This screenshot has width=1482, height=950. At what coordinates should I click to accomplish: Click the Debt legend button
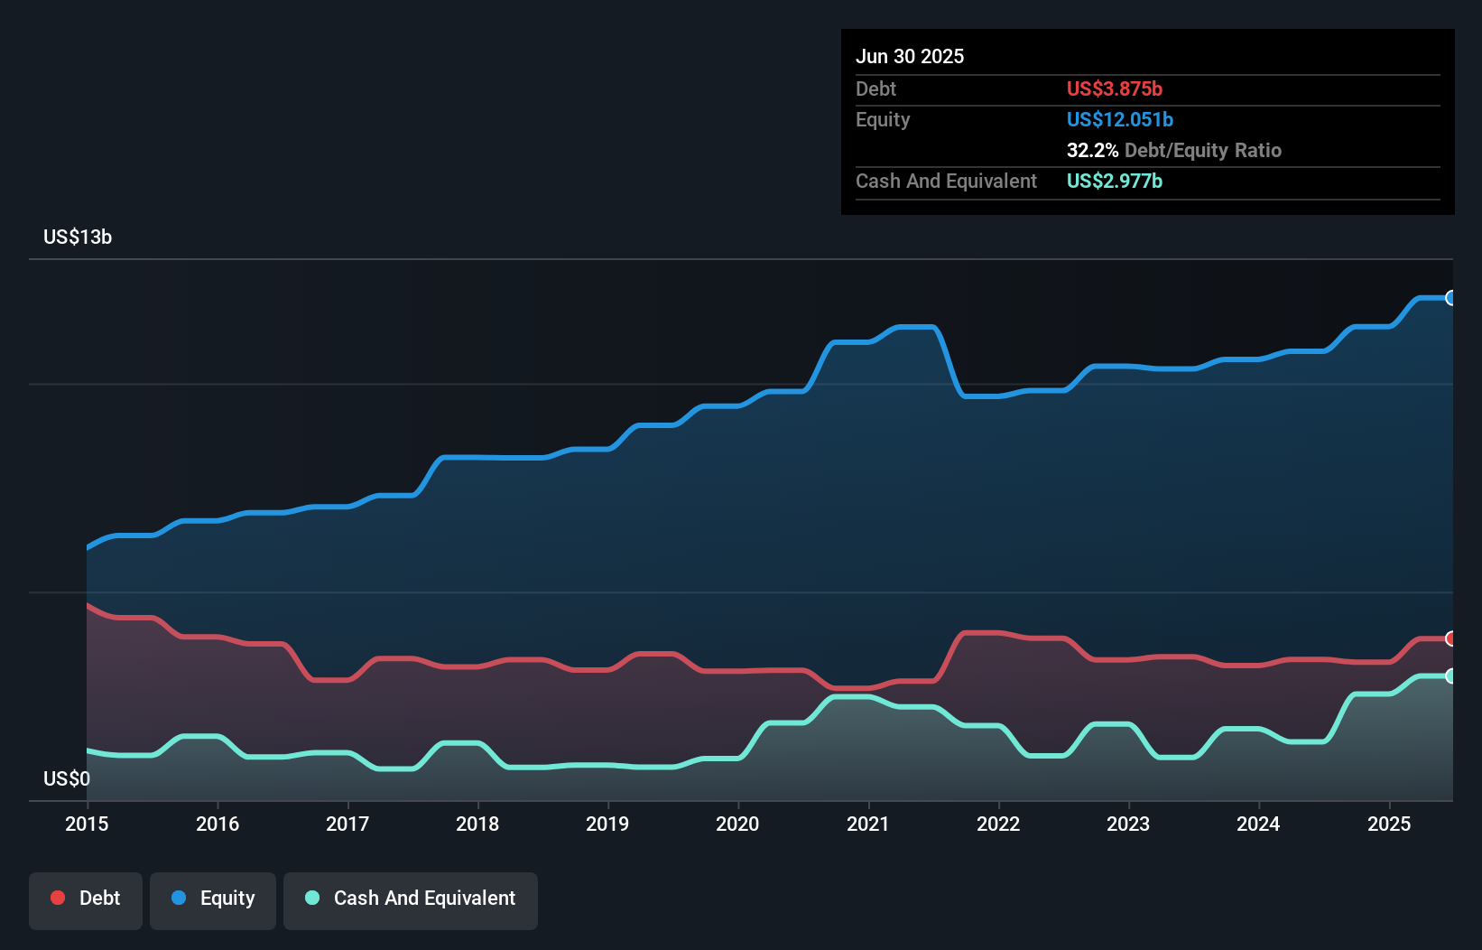coord(86,899)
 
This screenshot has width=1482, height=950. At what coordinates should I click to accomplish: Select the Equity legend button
coord(213,899)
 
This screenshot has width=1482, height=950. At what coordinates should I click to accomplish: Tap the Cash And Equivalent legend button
coord(411,899)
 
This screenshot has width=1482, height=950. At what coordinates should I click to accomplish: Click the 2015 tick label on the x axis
coord(87,824)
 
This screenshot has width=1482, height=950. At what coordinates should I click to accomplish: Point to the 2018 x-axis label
coord(477,824)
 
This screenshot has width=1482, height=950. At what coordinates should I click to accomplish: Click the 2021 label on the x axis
coord(867,824)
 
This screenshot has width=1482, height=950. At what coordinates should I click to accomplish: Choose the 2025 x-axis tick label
coord(1388,824)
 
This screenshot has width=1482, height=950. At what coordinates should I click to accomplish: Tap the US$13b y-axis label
coord(78,237)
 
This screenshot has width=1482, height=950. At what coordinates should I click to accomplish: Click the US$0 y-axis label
coord(67,778)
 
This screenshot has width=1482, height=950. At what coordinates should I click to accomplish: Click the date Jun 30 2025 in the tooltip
coord(910,57)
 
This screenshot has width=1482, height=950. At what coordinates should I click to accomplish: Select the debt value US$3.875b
coord(1114,89)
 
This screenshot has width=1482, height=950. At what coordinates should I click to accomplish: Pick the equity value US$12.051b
coord(1119,120)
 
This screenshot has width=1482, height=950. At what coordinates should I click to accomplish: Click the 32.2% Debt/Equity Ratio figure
coord(1173,151)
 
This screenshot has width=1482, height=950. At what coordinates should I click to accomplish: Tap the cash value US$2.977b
coord(1114,182)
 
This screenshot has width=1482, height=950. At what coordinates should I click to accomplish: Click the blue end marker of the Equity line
coord(1450,298)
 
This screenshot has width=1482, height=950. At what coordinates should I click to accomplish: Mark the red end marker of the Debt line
coord(1450,638)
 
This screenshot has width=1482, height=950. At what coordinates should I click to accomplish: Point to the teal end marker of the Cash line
coord(1450,675)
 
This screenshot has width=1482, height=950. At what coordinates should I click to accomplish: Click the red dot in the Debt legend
coord(58,898)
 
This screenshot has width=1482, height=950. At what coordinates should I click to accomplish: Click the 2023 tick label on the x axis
coord(1128,824)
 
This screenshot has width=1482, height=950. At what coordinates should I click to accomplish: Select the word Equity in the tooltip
coord(883,120)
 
